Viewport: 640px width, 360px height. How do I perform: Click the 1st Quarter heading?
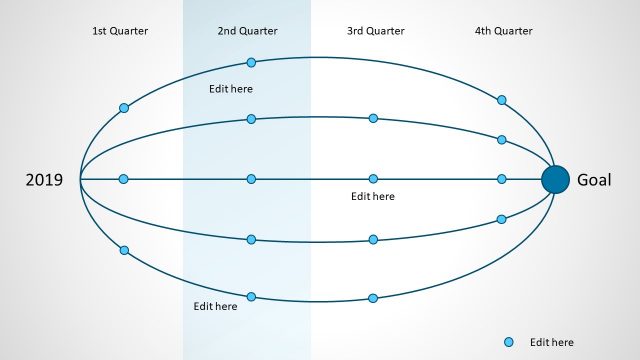click(x=120, y=31)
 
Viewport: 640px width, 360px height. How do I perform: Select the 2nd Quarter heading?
click(x=246, y=31)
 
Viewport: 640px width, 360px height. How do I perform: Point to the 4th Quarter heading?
click(x=503, y=31)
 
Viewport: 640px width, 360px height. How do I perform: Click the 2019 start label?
click(x=44, y=180)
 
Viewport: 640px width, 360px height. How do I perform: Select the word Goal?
click(x=595, y=180)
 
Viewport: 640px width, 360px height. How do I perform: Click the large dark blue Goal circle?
click(x=555, y=179)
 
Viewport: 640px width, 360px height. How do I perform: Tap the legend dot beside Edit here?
click(x=509, y=342)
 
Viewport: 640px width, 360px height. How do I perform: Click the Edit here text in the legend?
click(x=552, y=342)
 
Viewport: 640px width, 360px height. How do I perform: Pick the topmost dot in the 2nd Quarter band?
click(x=251, y=62)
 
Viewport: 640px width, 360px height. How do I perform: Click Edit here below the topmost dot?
click(x=230, y=89)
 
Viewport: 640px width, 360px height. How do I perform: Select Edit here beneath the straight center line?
click(x=373, y=197)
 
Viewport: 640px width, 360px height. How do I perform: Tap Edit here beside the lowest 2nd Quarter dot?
click(x=215, y=306)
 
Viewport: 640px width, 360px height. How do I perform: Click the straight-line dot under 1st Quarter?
click(x=124, y=179)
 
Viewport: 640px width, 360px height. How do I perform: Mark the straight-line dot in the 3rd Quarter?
click(x=373, y=179)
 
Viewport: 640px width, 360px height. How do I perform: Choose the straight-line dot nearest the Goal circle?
click(x=502, y=179)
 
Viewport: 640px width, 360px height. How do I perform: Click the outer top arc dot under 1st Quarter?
click(x=124, y=108)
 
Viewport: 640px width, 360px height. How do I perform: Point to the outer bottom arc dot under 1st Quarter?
click(x=124, y=250)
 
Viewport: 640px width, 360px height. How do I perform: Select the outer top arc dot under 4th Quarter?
click(x=502, y=100)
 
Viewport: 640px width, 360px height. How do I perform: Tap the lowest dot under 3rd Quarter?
click(x=373, y=298)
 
